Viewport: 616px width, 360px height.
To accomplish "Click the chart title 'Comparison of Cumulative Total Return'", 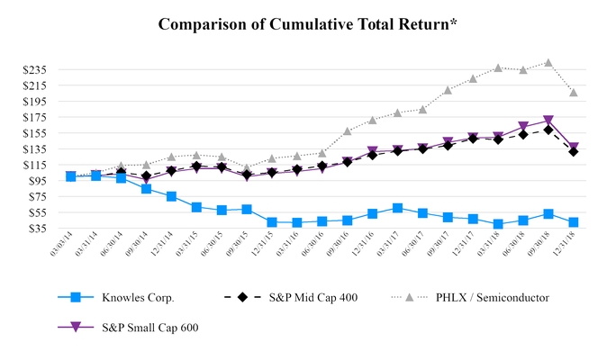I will coord(307,24).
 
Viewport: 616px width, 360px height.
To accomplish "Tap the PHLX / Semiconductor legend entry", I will coord(491,297).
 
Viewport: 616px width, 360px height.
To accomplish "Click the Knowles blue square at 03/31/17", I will coord(397,208).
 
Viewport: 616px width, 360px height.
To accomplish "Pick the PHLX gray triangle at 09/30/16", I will coord(348,131).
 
